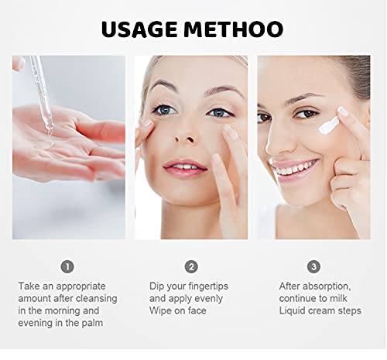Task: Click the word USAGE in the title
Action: (x=139, y=29)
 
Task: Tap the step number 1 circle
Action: (x=67, y=266)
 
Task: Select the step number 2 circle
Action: (x=191, y=266)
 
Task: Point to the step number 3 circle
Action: (x=313, y=266)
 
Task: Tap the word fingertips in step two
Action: (x=208, y=286)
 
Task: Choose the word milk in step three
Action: (x=337, y=298)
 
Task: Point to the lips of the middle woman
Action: (x=185, y=168)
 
